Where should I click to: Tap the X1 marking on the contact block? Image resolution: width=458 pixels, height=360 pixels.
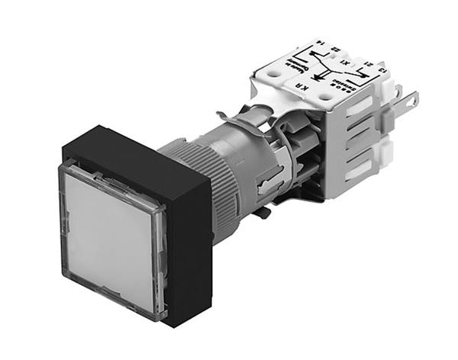click(346, 63)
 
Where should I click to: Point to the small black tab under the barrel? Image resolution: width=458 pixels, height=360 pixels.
click(261, 212)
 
